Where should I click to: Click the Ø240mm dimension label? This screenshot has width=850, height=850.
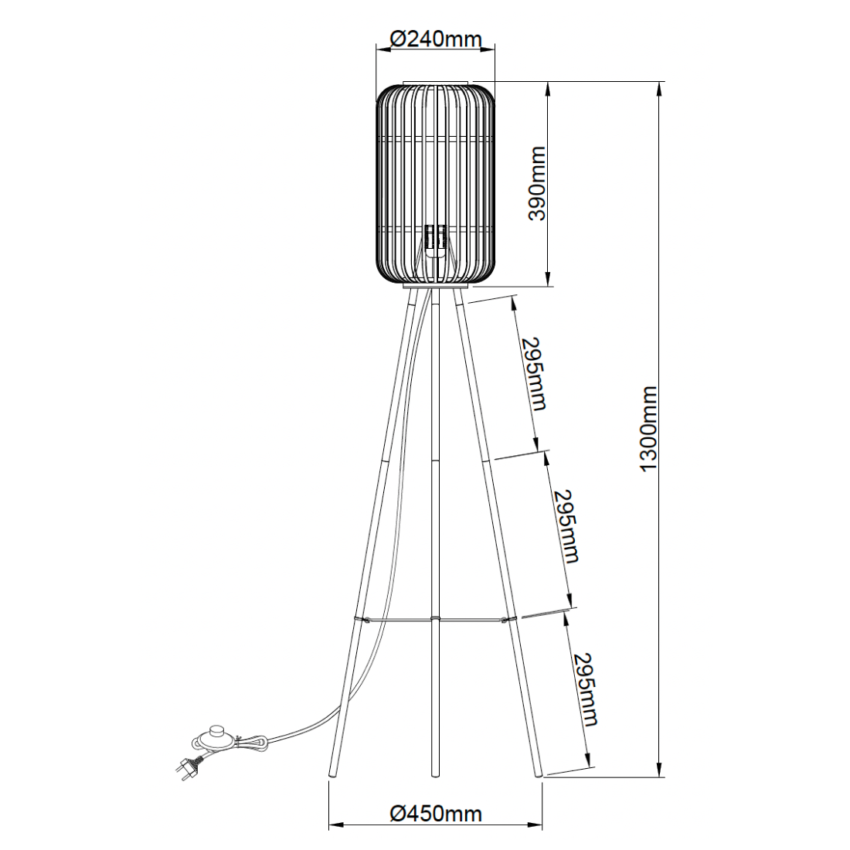[436, 38]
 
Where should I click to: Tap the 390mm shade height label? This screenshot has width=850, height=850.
[536, 184]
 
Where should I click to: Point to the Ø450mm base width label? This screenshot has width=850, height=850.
[436, 813]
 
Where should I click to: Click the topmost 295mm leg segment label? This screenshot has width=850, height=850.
[533, 373]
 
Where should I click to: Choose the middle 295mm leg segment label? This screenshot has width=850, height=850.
[566, 525]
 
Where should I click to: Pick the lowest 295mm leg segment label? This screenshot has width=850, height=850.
[586, 689]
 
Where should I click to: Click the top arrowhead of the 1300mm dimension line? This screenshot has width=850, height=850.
[659, 87]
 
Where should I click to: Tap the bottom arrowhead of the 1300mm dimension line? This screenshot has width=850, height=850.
[659, 773]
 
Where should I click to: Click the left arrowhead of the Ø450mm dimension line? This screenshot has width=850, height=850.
[335, 825]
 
